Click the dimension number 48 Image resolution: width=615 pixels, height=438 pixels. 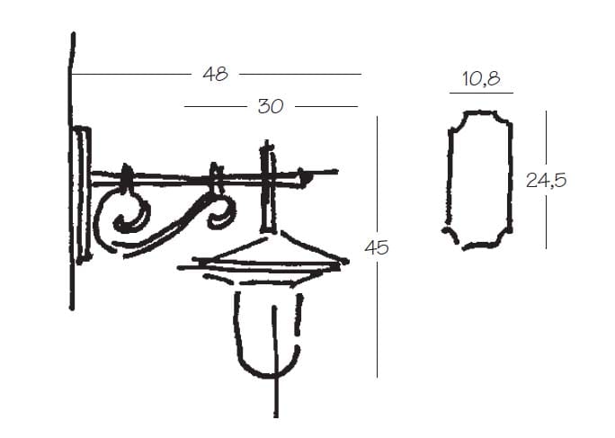coord(215,74)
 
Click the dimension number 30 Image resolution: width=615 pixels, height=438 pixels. coord(271,106)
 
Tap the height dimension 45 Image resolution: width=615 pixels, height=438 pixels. coord(377,247)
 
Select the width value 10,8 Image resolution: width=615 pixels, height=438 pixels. coord(481,78)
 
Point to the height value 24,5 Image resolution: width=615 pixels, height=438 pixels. coord(546,181)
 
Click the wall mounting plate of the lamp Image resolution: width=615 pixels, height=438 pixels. coord(83,195)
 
